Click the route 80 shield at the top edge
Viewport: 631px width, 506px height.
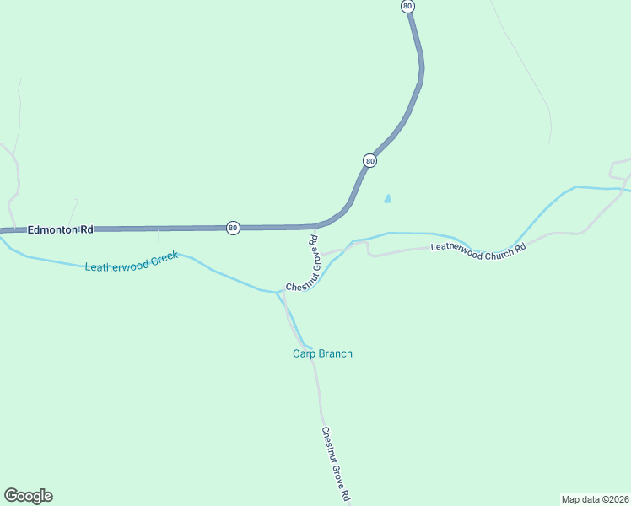(x=408, y=6)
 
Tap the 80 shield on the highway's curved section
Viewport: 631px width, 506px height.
(x=369, y=160)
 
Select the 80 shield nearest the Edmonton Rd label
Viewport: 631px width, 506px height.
(x=233, y=228)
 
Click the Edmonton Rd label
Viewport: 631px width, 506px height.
(x=60, y=229)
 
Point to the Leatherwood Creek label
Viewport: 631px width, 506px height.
(x=132, y=260)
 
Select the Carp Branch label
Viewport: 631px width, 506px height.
(x=317, y=353)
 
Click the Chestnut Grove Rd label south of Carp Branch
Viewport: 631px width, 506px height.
(x=335, y=464)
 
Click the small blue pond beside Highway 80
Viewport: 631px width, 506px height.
(x=387, y=199)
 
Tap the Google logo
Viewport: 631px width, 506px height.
(x=28, y=496)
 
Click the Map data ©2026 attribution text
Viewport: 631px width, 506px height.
(x=595, y=498)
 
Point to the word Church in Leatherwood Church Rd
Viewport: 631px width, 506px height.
(x=492, y=250)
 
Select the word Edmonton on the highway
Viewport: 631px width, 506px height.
(x=52, y=229)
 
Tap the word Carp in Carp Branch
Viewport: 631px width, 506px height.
(x=293, y=353)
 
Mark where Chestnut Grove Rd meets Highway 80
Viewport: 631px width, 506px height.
(x=313, y=227)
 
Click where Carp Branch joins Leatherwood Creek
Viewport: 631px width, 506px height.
(x=277, y=293)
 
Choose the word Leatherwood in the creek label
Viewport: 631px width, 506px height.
(x=116, y=263)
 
